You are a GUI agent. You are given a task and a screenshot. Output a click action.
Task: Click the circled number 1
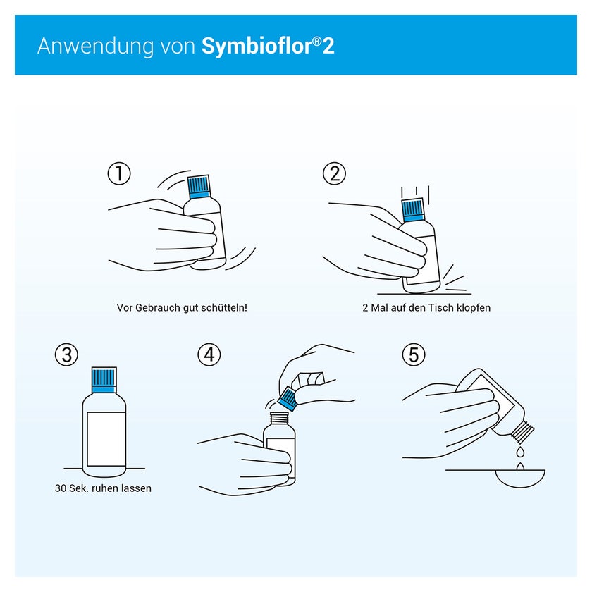pyautogui.click(x=119, y=173)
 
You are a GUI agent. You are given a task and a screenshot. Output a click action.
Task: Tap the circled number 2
pyautogui.click(x=334, y=173)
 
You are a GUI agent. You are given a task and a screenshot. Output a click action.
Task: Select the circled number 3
pyautogui.click(x=66, y=354)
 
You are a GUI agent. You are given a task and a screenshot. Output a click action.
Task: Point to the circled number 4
pyautogui.click(x=209, y=354)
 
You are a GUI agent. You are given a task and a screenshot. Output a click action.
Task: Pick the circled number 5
pyautogui.click(x=414, y=354)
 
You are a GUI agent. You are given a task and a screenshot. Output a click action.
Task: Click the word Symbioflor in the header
pyautogui.click(x=257, y=47)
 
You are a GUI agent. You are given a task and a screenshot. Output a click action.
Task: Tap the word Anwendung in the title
pyautogui.click(x=96, y=47)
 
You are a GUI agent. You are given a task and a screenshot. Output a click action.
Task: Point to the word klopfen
pyautogui.click(x=474, y=308)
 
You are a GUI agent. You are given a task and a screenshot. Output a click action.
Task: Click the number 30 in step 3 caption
pyautogui.click(x=61, y=488)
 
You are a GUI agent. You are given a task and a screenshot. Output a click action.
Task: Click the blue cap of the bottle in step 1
pyautogui.click(x=199, y=187)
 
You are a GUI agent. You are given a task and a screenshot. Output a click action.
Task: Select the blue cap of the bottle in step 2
pyautogui.click(x=413, y=210)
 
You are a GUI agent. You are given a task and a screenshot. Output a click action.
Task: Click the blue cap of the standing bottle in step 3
pyautogui.click(x=104, y=380)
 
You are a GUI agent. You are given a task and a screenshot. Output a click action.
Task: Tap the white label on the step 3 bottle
pyautogui.click(x=106, y=439)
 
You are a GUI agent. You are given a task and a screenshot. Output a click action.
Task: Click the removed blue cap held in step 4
pyautogui.click(x=288, y=399)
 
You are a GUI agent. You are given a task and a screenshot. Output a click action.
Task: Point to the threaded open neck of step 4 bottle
pyautogui.click(x=279, y=418)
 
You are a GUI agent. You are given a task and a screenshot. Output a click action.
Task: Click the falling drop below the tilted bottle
pyautogui.click(x=520, y=452)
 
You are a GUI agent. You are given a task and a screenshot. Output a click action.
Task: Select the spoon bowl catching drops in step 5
pyautogui.click(x=520, y=479)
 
